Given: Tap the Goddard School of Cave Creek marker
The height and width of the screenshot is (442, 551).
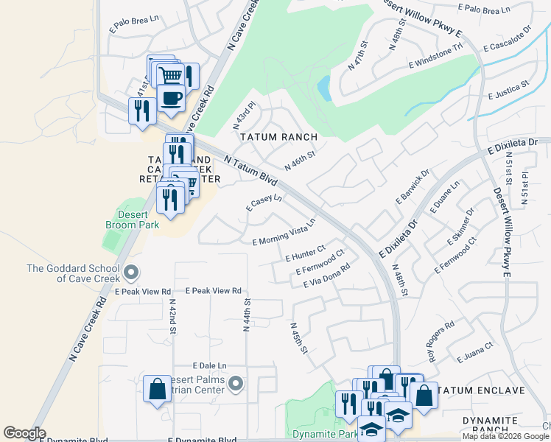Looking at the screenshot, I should (131, 273).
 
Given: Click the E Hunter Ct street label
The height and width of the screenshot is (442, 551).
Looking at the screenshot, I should (305, 253).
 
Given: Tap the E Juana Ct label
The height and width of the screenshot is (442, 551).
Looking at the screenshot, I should (474, 352).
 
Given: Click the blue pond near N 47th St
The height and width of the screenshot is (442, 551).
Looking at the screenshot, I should (323, 89).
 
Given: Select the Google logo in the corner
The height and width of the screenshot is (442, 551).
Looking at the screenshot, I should (24, 433).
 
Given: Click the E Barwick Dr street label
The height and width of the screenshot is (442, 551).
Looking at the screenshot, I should (414, 188).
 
